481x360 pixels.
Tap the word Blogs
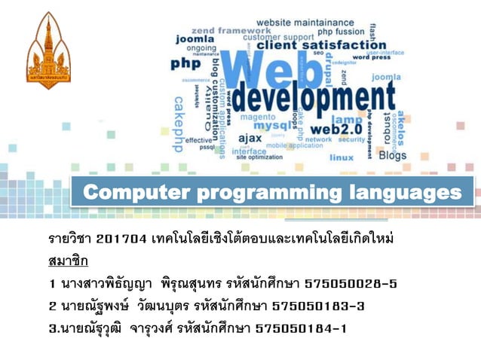point(392,155)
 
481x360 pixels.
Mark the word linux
point(342,158)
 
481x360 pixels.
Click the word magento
point(257,117)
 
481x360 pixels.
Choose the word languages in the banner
point(404,193)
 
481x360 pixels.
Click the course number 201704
point(124,239)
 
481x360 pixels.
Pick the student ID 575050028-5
point(350,284)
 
